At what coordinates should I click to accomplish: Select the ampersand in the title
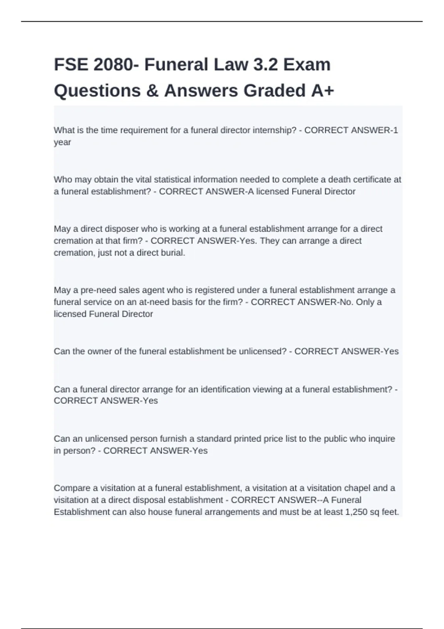point(152,91)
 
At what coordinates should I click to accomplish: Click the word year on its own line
point(62,142)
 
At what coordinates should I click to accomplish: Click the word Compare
point(71,488)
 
